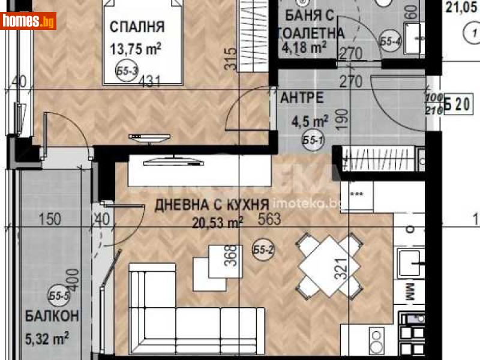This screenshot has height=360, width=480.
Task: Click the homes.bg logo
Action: tap(29, 21)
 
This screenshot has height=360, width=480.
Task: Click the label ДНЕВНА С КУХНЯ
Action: tap(211, 205)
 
